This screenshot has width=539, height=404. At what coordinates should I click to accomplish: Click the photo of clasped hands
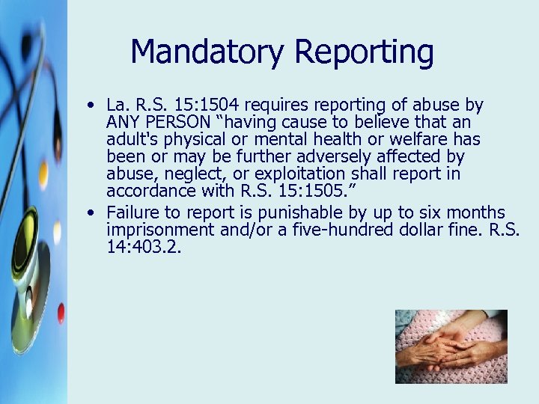451,346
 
